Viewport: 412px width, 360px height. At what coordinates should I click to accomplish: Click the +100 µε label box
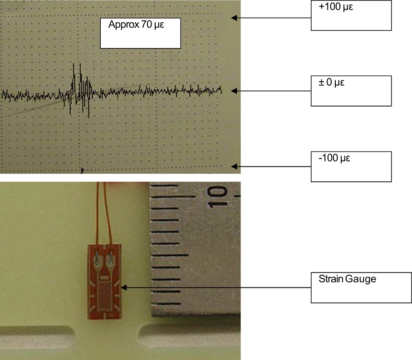351,15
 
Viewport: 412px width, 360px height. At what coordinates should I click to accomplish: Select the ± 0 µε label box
351,91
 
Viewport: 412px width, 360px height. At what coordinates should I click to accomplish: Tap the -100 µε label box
351,166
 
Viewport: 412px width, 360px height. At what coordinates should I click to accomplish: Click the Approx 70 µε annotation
140,33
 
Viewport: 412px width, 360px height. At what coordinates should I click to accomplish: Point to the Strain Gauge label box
361,287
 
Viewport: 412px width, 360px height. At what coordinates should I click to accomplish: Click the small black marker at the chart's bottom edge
82,170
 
